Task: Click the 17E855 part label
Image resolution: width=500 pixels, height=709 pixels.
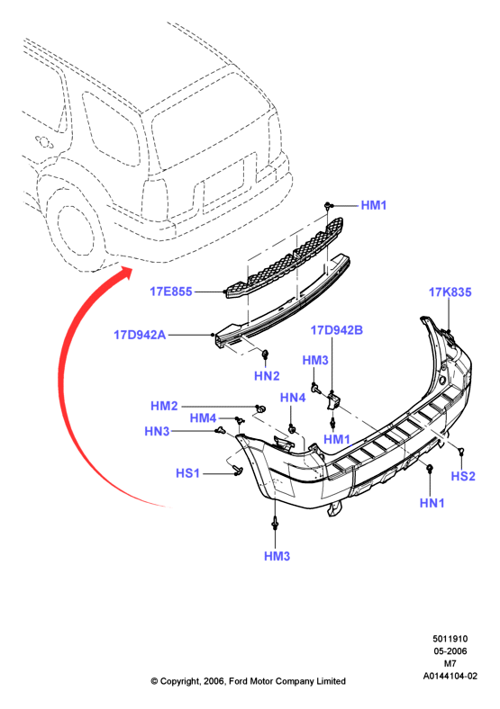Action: tap(171, 292)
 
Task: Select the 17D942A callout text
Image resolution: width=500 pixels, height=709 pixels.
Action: tap(140, 335)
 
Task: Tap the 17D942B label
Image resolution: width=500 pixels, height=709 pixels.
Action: tap(337, 330)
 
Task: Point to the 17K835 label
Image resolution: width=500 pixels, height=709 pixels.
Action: tap(450, 292)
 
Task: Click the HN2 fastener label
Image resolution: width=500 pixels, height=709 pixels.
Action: tap(267, 376)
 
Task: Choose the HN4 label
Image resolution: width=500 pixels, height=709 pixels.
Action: tap(293, 398)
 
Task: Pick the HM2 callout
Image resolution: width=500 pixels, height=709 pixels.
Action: tap(164, 406)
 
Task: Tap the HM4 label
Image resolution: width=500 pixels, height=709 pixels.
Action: tap(203, 418)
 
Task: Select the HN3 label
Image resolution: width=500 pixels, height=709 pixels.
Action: tap(157, 431)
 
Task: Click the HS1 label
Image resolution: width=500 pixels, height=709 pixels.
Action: tap(187, 473)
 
